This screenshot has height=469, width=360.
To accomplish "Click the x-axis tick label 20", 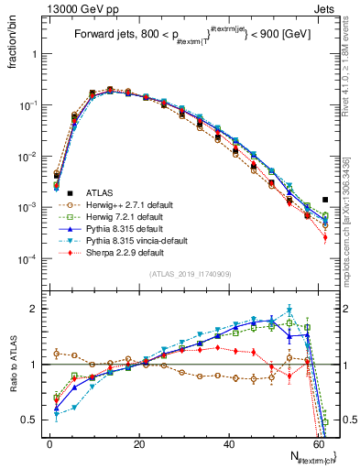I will pyautogui.click(x=138, y=444).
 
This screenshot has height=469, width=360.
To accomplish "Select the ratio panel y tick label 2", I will pyautogui.click(x=35, y=309).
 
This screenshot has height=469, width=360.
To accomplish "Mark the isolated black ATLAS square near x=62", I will pyautogui.click(x=326, y=200).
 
